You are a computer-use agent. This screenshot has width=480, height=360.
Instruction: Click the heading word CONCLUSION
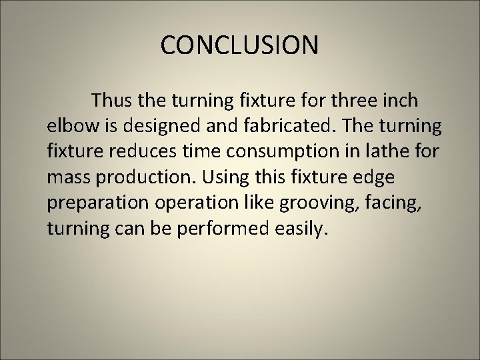coord(239,45)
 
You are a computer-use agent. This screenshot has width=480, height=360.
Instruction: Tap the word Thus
coord(114,101)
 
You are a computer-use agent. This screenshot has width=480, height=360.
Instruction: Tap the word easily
coord(301,229)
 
